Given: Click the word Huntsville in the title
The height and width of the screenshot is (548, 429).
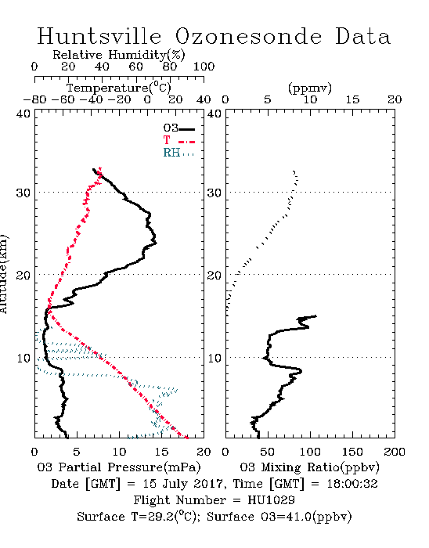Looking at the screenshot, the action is (99, 36).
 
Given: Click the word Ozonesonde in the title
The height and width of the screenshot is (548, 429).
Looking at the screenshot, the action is (247, 36).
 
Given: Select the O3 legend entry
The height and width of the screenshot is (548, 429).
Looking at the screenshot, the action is (178, 128).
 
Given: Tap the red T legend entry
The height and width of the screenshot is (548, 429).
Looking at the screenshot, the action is (178, 140).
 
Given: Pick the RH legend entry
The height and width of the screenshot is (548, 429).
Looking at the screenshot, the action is (178, 153).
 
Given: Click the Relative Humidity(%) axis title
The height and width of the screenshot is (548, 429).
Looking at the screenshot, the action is (119, 55).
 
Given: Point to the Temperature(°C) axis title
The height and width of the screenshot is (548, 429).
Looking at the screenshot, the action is (119, 88).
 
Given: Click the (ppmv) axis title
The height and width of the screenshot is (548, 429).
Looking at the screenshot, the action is (310, 88).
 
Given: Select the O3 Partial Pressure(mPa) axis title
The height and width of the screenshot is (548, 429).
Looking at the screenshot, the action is (119, 467).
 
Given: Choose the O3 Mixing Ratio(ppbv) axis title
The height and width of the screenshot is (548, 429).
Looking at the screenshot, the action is (309, 467).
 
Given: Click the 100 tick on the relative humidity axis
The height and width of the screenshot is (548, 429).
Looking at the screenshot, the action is (204, 67).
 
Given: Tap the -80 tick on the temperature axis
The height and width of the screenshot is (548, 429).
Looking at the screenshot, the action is (34, 100).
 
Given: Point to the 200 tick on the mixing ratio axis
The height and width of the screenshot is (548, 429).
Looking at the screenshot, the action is (395, 452).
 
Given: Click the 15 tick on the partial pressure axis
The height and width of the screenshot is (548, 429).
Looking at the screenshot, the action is (161, 452).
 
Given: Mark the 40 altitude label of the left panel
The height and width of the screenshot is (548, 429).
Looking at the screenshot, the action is (23, 114).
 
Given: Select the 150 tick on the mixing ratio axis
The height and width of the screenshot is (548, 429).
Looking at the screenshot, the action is (352, 452).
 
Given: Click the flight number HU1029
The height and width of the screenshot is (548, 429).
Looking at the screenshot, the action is (271, 500).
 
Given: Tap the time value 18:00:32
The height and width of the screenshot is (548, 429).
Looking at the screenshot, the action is (352, 484).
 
